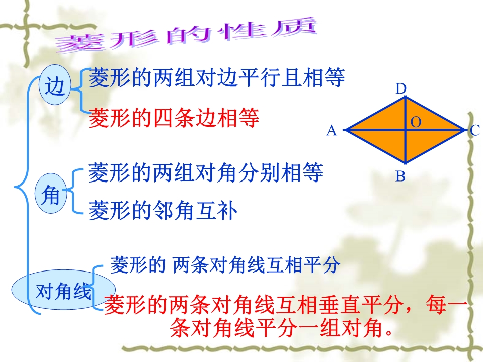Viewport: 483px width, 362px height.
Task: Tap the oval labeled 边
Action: click(55, 84)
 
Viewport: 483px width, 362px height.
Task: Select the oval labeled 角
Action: click(51, 194)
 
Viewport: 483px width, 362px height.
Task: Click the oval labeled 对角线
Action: click(63, 290)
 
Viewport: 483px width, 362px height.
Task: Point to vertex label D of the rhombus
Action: click(401, 89)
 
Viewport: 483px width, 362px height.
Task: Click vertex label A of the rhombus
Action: click(332, 131)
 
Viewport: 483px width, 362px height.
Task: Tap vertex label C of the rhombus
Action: click(474, 131)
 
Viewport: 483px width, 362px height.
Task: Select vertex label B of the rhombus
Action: click(400, 176)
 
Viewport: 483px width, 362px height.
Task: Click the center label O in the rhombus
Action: click(416, 122)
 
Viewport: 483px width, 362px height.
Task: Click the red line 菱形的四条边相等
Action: click(174, 118)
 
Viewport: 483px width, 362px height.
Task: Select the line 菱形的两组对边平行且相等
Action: click(216, 77)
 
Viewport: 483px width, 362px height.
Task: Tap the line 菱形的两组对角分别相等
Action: click(205, 172)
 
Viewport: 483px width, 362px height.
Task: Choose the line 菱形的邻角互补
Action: click(163, 211)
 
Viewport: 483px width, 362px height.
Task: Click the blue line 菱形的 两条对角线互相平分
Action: click(225, 264)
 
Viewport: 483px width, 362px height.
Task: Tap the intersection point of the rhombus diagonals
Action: click(406, 130)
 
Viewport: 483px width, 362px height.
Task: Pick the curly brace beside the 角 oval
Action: click(72, 191)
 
